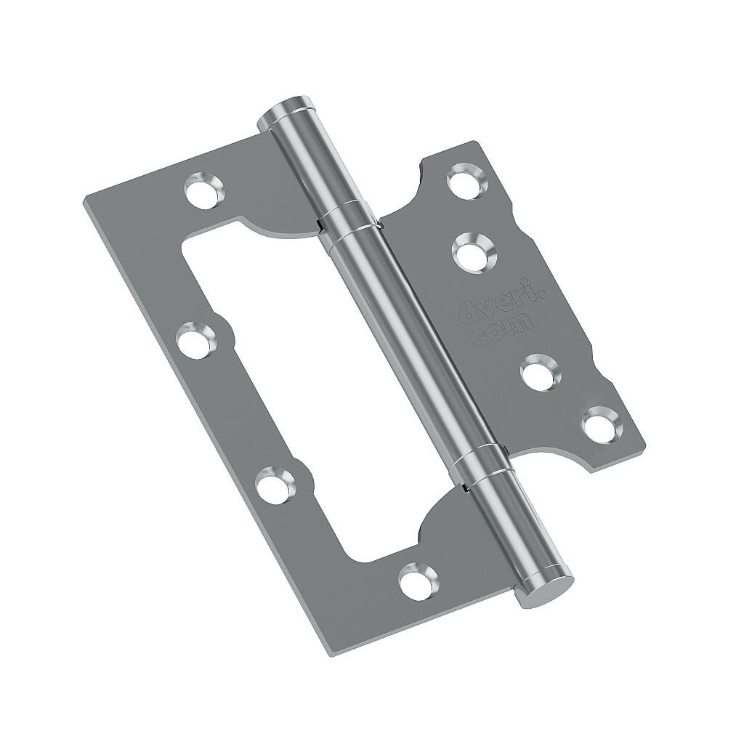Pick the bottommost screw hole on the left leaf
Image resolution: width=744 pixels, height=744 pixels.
point(419,580)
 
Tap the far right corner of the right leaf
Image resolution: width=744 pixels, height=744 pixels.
point(644,440)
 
